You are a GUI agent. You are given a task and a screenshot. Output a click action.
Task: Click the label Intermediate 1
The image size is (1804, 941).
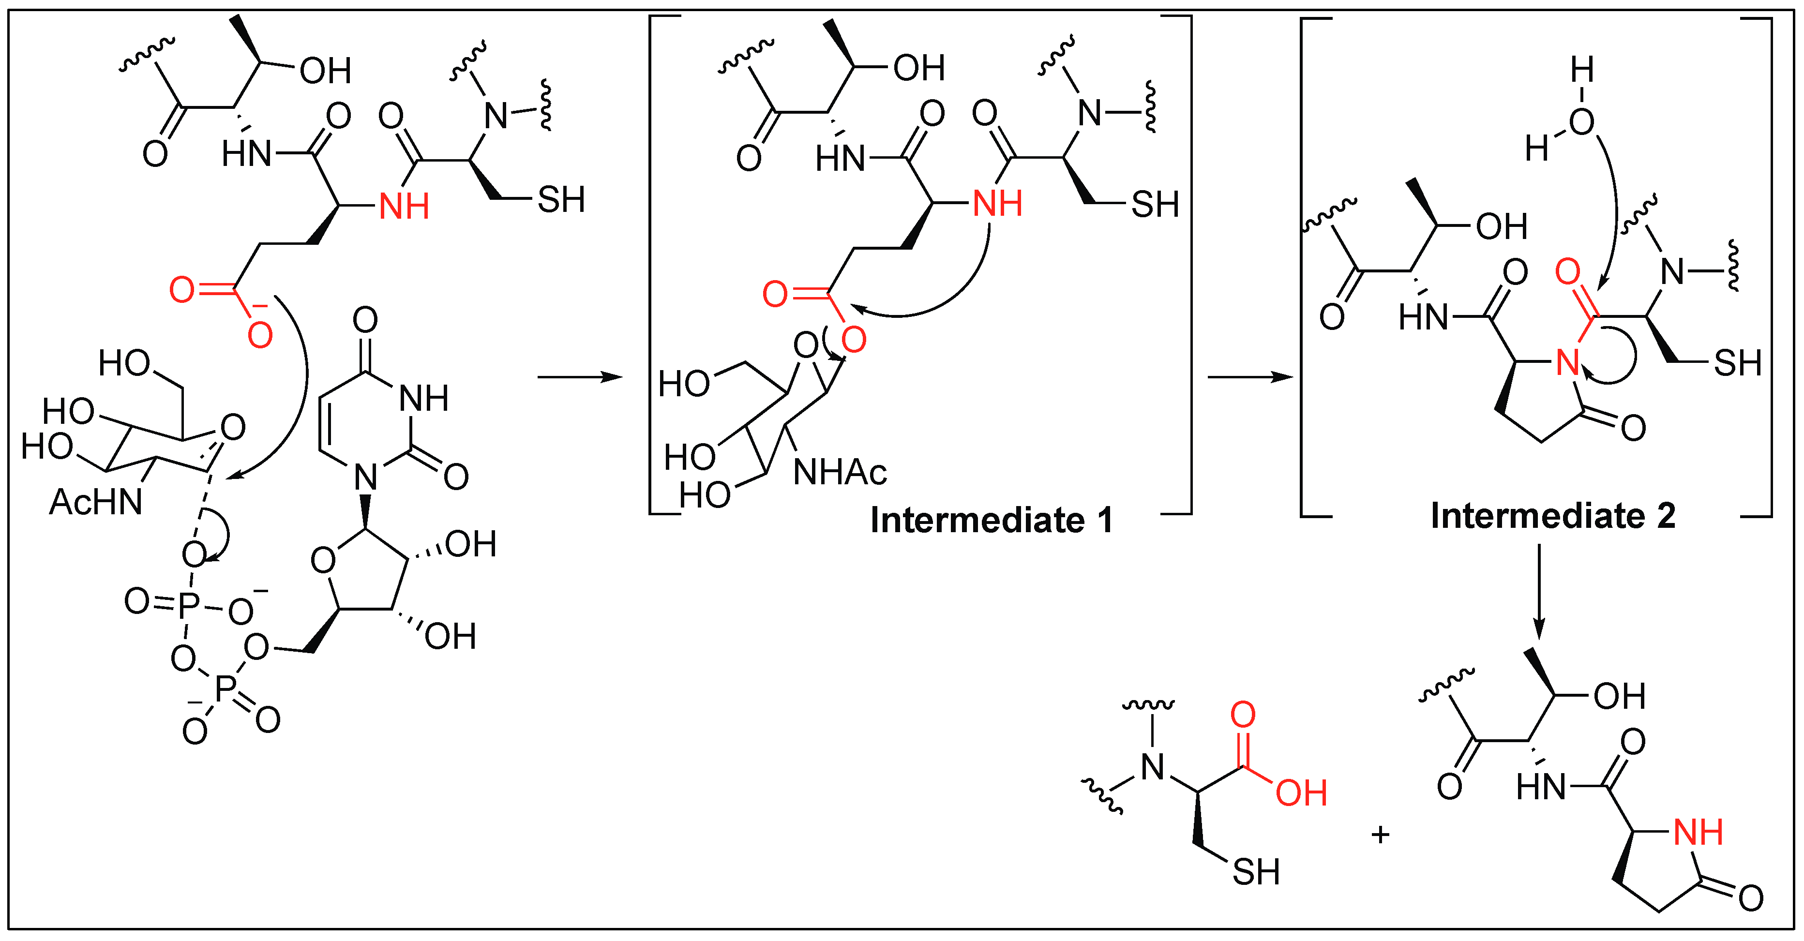[x=991, y=520]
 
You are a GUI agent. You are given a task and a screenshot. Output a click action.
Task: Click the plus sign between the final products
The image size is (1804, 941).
[x=1380, y=834]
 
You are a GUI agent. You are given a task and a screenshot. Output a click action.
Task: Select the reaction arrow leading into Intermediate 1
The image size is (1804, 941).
[x=579, y=377]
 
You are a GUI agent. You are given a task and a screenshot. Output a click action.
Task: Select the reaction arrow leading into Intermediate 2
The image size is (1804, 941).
[x=1250, y=377]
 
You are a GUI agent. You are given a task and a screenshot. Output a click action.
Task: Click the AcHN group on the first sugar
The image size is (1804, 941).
[x=96, y=502]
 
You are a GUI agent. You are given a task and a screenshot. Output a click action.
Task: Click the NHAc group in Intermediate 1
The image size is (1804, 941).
[x=840, y=473]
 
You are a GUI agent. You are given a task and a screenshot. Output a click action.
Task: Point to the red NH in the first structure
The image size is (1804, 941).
[x=404, y=207]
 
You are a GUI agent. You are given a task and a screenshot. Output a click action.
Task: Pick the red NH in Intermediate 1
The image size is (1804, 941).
[x=998, y=204]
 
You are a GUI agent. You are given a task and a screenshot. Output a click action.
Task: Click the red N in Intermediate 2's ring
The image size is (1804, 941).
[x=1567, y=363]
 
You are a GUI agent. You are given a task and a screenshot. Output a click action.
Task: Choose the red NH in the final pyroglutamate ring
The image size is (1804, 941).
[x=1698, y=833]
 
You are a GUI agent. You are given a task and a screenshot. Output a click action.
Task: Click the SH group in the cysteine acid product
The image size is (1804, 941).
[x=1256, y=872]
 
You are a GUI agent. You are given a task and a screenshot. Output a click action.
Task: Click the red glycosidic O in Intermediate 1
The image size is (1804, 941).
[x=854, y=340]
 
